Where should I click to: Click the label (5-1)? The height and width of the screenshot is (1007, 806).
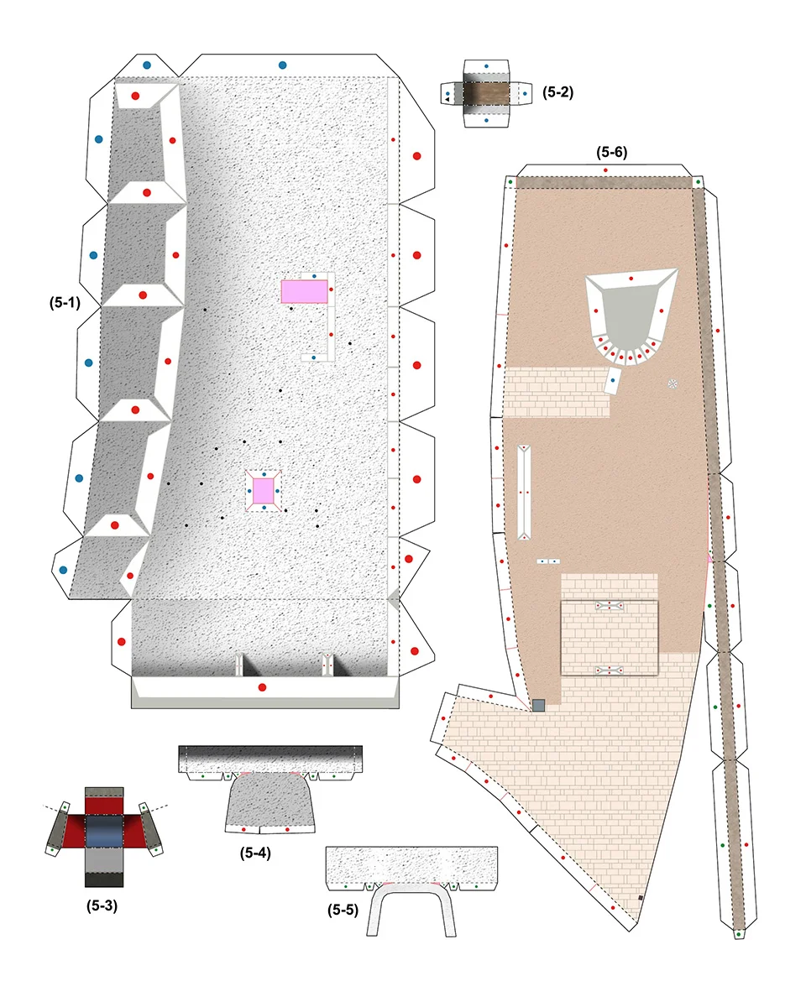point(65,303)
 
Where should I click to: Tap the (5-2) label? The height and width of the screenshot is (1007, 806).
point(557,92)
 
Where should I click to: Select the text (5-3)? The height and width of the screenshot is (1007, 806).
point(102,905)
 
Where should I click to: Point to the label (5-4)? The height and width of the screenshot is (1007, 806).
point(255,853)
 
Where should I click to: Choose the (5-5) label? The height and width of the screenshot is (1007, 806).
point(343,910)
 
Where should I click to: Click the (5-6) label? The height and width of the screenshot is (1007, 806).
point(612,152)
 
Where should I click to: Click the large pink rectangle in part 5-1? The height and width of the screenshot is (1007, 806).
point(304,291)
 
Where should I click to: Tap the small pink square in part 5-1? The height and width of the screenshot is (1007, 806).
point(264,491)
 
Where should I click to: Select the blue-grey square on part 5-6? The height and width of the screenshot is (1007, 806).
point(538,705)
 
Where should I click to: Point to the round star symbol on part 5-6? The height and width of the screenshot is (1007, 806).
point(673,383)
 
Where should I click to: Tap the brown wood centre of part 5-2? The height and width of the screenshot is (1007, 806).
point(486,94)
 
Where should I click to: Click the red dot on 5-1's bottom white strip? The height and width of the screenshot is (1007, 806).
point(262,687)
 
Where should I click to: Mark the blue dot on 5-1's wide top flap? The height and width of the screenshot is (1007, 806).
point(282,65)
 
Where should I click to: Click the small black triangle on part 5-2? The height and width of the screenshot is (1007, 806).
point(447,99)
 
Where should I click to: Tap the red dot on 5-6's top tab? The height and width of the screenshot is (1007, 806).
point(605,170)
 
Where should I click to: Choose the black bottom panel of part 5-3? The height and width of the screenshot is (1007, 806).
point(104,879)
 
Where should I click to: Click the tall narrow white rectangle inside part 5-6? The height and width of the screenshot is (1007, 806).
point(524,492)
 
